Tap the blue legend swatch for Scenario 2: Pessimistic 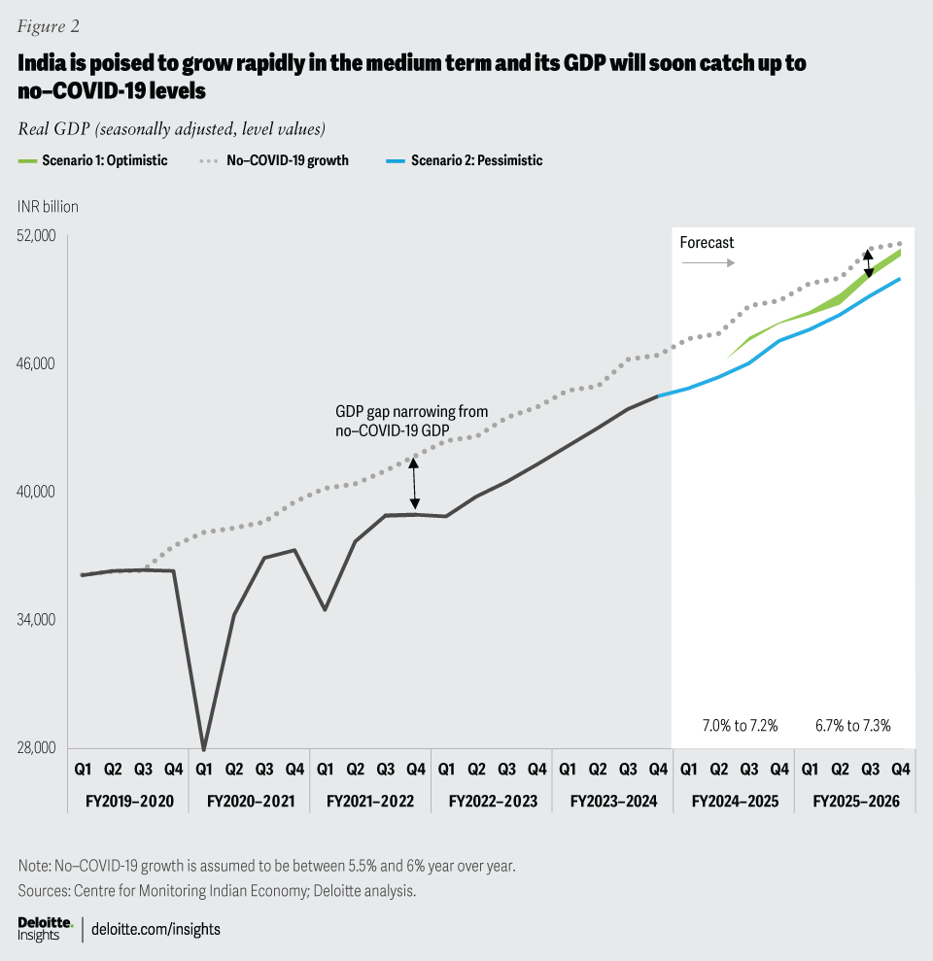[x=391, y=160]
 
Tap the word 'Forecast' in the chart [x=707, y=242]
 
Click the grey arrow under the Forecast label [x=707, y=263]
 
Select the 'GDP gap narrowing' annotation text [x=411, y=420]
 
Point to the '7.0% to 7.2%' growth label [x=740, y=725]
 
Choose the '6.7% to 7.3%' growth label [x=852, y=725]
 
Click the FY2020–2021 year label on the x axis [x=249, y=803]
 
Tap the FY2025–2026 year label [x=854, y=803]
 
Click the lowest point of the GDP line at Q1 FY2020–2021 [x=204, y=749]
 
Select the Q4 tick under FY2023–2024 [x=658, y=770]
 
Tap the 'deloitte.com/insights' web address [x=155, y=929]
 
